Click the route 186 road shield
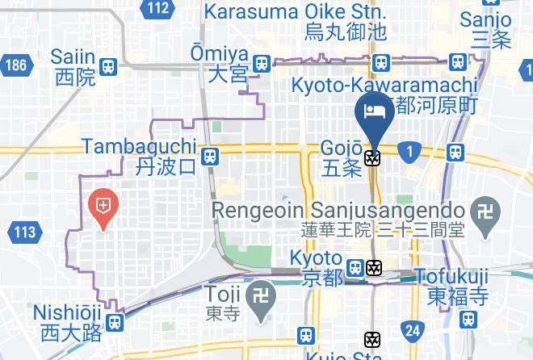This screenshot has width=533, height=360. [x=15, y=65]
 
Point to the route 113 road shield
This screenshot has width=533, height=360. [x=24, y=233]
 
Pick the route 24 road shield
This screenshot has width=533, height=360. [x=413, y=329]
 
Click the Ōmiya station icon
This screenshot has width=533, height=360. [x=261, y=63]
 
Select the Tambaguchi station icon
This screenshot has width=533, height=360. [x=210, y=155]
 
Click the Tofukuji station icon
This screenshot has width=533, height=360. [x=466, y=320]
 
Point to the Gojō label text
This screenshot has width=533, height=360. [x=342, y=149]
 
